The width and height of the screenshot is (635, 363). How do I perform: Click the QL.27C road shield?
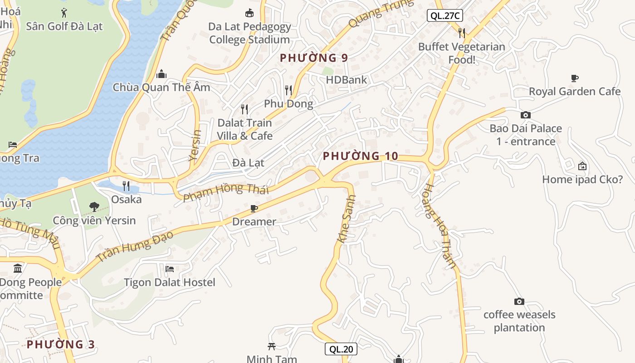coord(444,16)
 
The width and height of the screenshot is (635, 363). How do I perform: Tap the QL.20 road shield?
coord(341,349)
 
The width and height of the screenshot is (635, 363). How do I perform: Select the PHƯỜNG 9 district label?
coord(314,58)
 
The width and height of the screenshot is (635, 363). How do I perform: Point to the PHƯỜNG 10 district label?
coord(361,157)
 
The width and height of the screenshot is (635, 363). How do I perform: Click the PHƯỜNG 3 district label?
coord(61,344)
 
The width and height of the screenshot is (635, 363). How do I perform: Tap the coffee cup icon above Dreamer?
coord(254,208)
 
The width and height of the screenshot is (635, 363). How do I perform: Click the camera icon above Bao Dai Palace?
coord(525,115)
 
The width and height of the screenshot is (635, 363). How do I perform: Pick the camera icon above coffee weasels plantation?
coord(519,301)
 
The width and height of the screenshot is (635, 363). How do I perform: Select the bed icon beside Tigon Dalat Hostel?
coord(170,269)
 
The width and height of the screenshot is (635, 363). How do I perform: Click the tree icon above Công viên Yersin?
coord(94,207)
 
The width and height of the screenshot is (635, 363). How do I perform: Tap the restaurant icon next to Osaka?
coord(126,186)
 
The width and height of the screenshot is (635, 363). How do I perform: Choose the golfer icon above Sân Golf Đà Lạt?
coord(64,13)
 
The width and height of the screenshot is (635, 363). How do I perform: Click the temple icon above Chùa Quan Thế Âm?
coord(161,74)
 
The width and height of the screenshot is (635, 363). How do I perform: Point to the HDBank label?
coord(347,80)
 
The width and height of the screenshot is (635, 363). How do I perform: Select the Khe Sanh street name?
coord(347,219)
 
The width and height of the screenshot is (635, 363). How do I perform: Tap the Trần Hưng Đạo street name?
coord(135,247)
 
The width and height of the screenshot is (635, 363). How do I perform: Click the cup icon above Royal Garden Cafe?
coord(575,78)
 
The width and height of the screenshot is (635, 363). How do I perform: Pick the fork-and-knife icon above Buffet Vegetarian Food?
coord(461,33)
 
